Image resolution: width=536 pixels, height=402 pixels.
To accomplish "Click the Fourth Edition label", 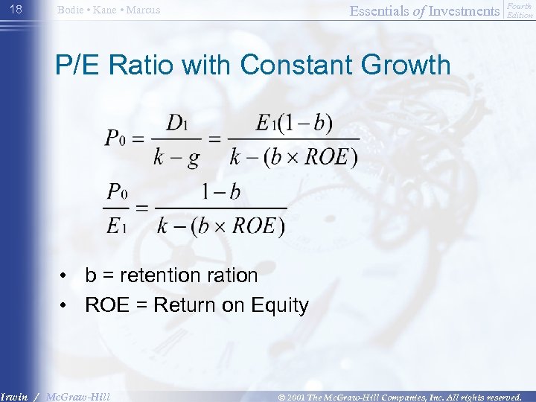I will pos(519,10).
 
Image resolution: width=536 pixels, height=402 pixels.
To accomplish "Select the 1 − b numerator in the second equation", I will pos(221,192).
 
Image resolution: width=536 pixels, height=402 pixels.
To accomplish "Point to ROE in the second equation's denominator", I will pos(257,226).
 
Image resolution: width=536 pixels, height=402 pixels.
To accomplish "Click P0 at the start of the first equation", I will pos(119,139).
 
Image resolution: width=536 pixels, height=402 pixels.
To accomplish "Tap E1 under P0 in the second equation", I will pos(117,226).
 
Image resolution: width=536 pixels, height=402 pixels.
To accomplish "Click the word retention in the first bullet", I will pos(159,275).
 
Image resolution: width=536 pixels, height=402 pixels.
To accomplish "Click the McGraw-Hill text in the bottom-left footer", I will pos(77,397).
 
